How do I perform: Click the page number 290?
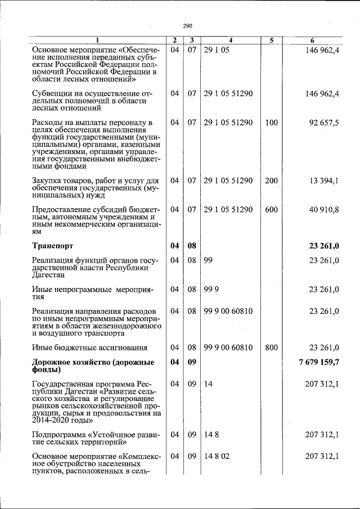(187, 26)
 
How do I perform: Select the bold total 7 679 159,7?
(316, 363)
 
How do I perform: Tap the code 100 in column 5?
(271, 123)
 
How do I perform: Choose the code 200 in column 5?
(271, 181)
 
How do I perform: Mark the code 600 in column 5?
(271, 210)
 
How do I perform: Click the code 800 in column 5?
(271, 348)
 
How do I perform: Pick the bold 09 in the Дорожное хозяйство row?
(192, 363)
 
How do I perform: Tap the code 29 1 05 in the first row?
(217, 51)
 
